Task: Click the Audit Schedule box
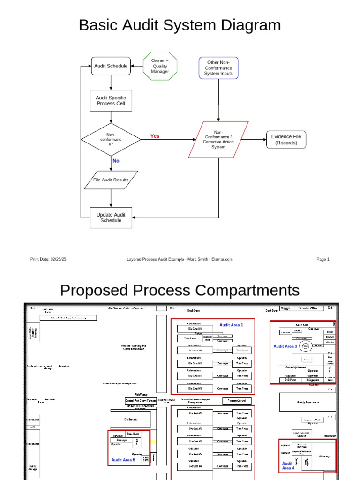click(111, 66)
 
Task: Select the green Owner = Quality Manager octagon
click(160, 66)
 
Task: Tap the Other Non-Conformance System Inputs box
click(218, 68)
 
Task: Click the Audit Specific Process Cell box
click(111, 101)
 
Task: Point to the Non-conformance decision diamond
click(111, 139)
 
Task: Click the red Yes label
click(155, 136)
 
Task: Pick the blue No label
click(116, 161)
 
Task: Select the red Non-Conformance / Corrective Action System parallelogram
click(218, 140)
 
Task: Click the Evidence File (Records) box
click(286, 140)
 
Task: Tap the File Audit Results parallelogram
click(111, 180)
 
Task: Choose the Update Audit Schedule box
click(111, 217)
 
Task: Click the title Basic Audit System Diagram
click(180, 25)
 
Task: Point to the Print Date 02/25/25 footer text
click(48, 259)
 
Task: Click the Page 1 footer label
click(323, 259)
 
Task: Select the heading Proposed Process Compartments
click(180, 290)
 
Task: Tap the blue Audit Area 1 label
click(231, 324)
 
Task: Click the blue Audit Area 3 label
click(285, 346)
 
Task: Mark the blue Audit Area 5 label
click(123, 460)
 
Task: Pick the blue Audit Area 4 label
click(288, 465)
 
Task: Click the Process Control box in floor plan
click(237, 401)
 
